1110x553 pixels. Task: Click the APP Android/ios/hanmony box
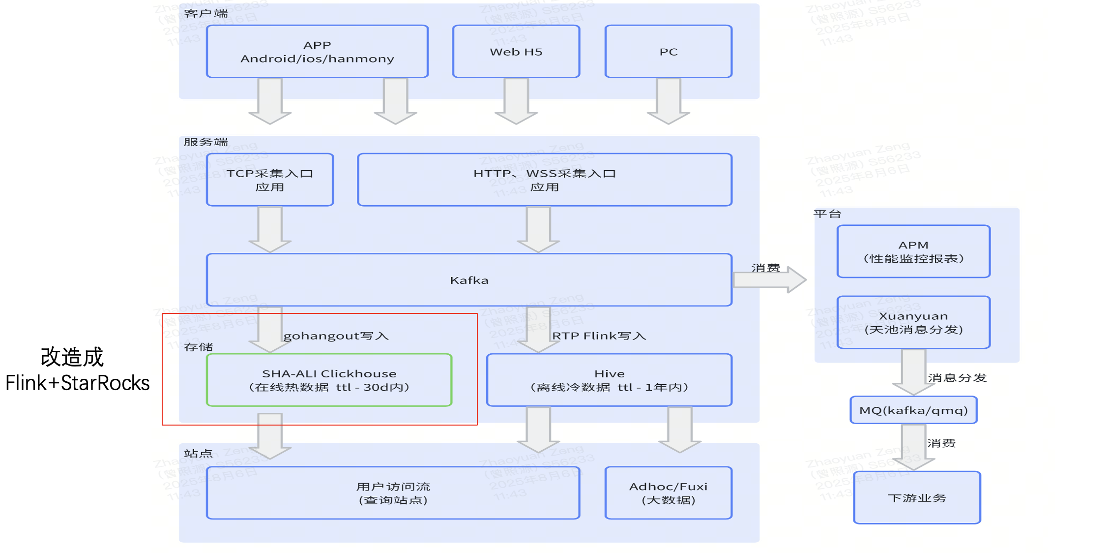click(x=317, y=52)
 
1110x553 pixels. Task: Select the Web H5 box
click(x=516, y=52)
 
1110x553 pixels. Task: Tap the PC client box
click(x=668, y=52)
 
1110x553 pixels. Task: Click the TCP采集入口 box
click(x=270, y=180)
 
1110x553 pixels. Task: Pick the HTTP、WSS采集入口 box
click(x=544, y=180)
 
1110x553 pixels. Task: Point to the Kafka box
click(x=469, y=280)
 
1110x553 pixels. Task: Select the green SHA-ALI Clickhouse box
click(x=329, y=380)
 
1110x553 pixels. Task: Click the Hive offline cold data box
click(x=609, y=380)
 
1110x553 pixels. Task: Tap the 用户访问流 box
click(x=393, y=493)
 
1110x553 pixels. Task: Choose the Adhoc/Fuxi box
click(x=668, y=493)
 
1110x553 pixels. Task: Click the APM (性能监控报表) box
click(x=913, y=251)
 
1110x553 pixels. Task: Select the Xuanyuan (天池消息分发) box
click(x=913, y=322)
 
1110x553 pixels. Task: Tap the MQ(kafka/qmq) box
click(x=913, y=410)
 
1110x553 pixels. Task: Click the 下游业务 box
click(x=917, y=498)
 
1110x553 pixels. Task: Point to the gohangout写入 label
click(x=336, y=336)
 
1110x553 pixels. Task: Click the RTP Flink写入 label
click(x=599, y=336)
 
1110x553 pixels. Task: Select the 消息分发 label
click(x=957, y=378)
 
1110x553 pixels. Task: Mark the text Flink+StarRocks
click(x=77, y=383)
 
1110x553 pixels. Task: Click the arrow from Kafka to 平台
click(x=769, y=280)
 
